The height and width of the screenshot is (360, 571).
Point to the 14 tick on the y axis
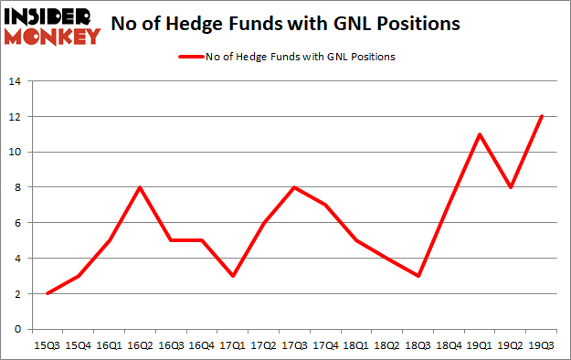pos(15,81)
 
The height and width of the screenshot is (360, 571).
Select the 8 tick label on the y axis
pos(17,187)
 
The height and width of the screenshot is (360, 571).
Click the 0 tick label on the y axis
pos(17,329)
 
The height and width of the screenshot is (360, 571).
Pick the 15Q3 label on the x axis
pos(47,345)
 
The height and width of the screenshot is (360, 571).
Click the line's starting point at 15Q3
pos(47,293)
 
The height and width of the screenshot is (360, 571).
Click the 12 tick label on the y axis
pos(15,116)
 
